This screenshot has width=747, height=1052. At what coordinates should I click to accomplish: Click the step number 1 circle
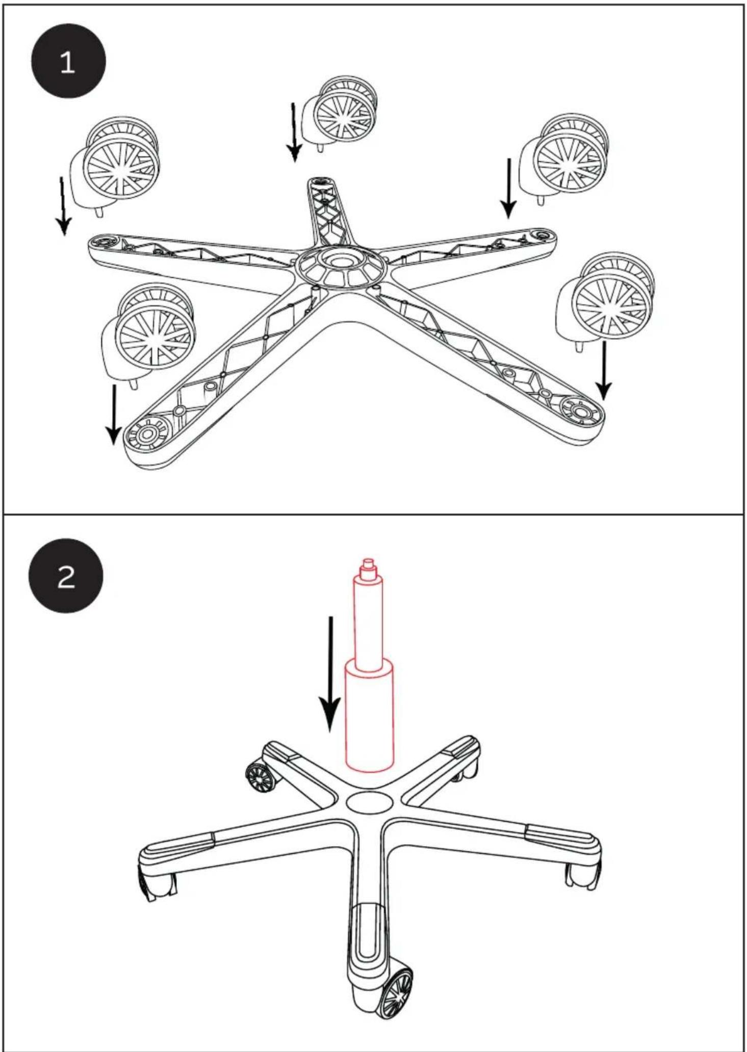[x=69, y=61]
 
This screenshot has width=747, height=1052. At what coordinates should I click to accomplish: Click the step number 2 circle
[x=66, y=576]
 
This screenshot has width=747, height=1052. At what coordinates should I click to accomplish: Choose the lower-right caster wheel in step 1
[x=607, y=301]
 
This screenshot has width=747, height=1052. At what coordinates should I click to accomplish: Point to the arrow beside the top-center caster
[x=294, y=132]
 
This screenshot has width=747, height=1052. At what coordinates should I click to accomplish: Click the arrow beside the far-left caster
[x=63, y=206]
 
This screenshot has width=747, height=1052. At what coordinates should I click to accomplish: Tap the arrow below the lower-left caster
[x=113, y=414]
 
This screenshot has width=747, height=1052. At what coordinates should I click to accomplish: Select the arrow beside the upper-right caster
[x=508, y=188]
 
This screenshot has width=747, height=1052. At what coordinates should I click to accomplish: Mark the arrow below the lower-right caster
[x=604, y=371]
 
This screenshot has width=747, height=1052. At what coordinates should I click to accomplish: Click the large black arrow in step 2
[x=330, y=674]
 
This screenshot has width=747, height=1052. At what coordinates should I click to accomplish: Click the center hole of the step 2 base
[x=370, y=802]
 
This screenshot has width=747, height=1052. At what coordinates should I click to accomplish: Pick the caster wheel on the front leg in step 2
[x=396, y=994]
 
